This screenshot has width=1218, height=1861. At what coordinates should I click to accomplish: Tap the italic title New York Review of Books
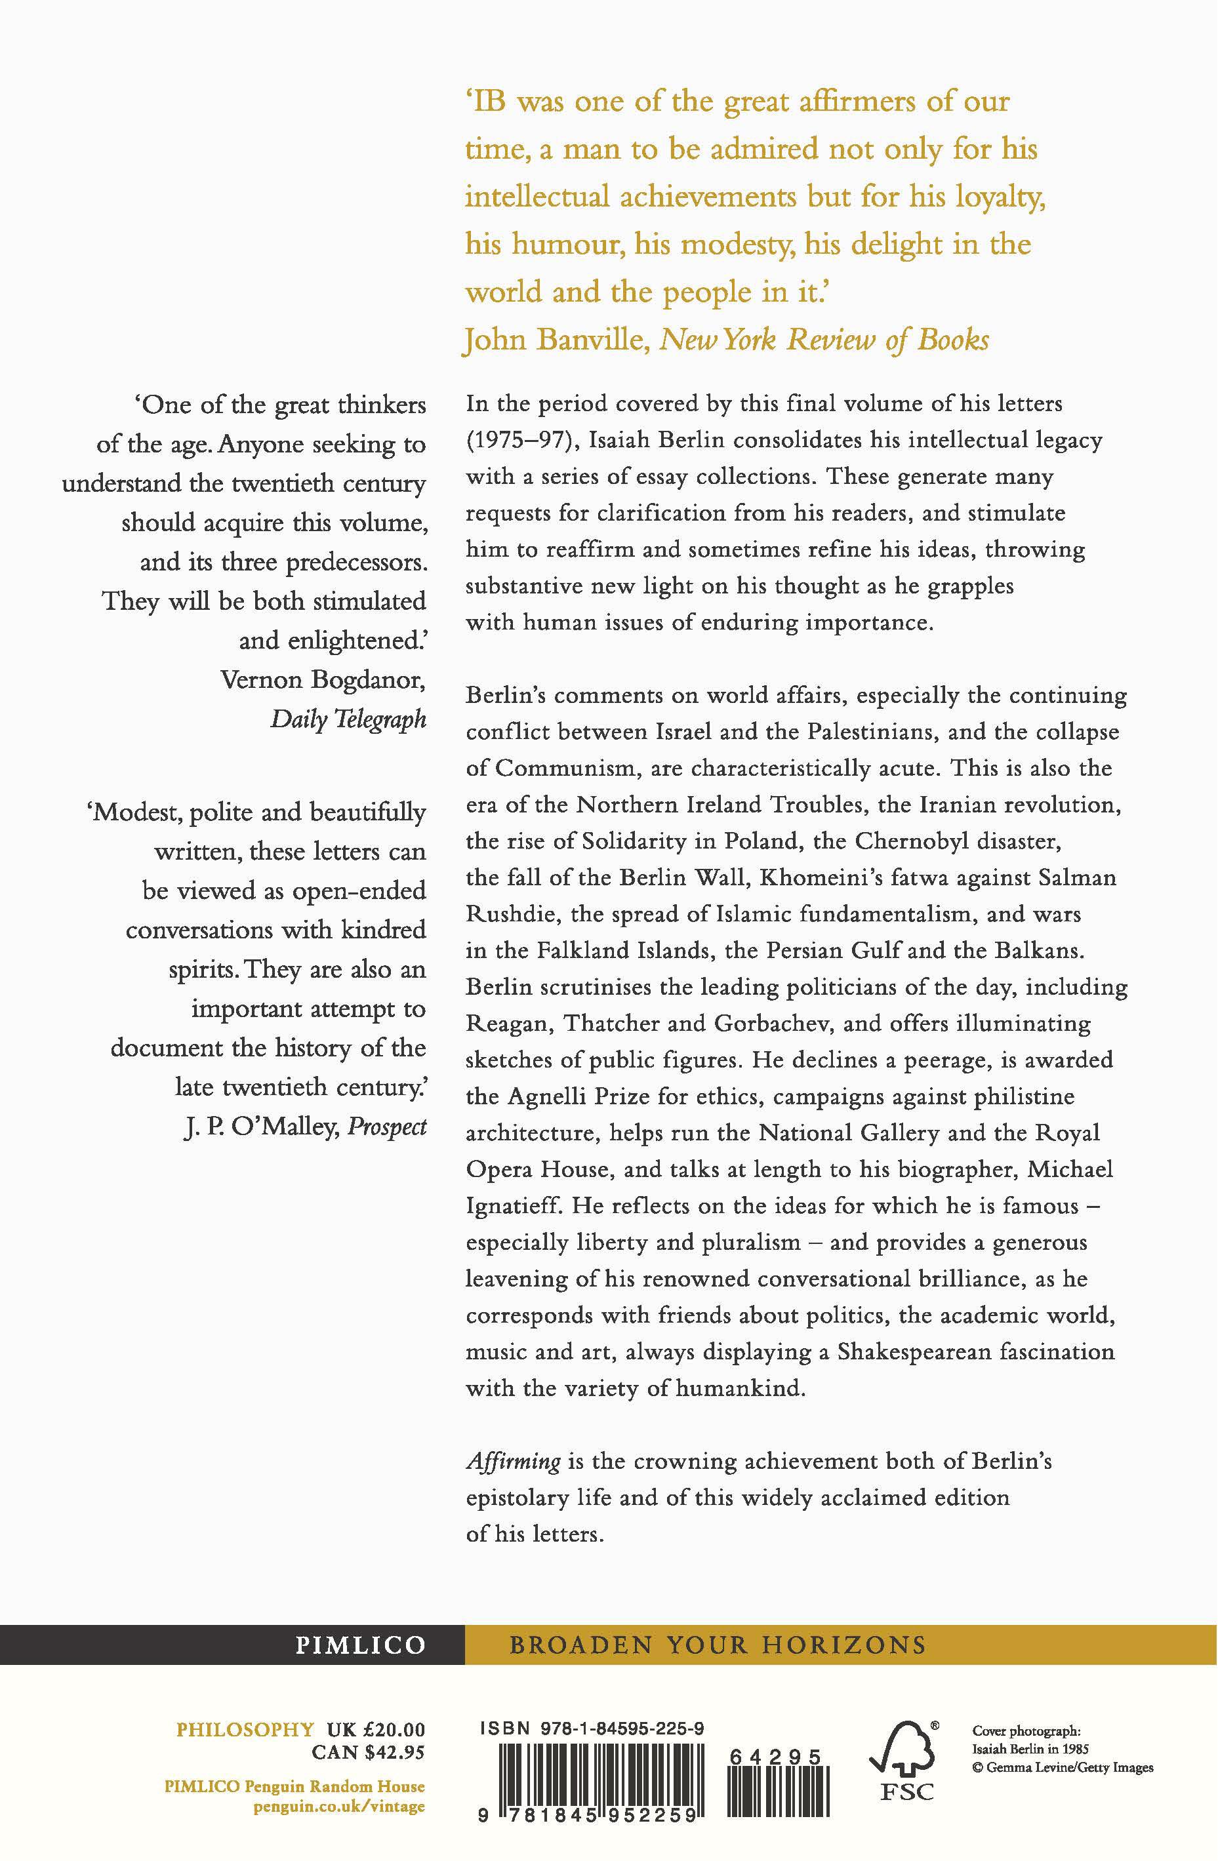824,340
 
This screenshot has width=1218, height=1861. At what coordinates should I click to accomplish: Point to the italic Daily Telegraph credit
348,719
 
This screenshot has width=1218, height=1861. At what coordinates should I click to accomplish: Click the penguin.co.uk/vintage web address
340,1807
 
